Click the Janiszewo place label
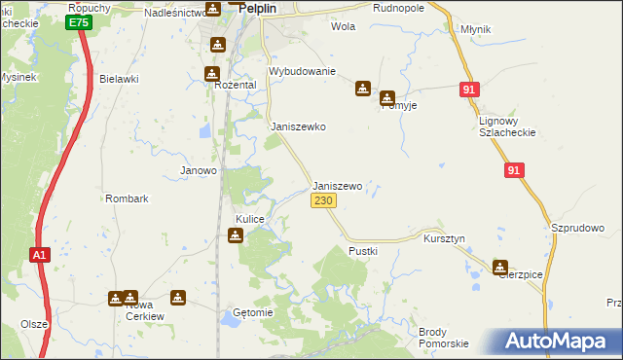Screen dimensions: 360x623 pos(337,186)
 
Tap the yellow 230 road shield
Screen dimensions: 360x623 pos(323,200)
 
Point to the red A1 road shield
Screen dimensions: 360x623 pos(38,255)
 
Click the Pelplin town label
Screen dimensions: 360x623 pos(261,6)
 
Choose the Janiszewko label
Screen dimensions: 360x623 pos(297,126)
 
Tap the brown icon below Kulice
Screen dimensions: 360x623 pos(236,234)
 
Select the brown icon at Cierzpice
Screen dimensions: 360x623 pos(500,267)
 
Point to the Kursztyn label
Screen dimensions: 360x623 pos(444,238)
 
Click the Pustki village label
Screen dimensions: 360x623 pos(363,251)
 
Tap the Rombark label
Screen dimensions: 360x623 pos(127,198)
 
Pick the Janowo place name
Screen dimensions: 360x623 pos(199,170)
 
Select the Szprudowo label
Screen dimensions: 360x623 pos(578,228)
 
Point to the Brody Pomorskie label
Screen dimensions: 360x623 pos(444,338)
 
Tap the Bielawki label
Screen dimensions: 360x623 pos(120,78)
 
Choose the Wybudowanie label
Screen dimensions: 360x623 pos(302,72)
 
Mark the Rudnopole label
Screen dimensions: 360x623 pos(399,7)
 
